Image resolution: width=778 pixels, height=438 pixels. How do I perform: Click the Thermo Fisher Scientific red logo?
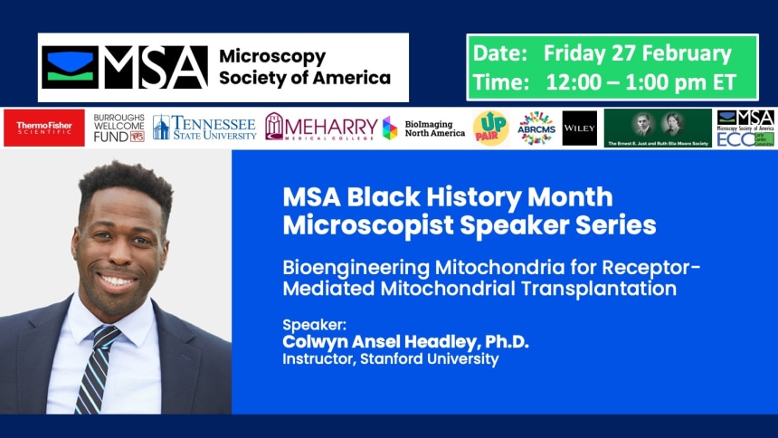[44, 129]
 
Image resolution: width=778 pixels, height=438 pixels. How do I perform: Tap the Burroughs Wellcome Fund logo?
[119, 129]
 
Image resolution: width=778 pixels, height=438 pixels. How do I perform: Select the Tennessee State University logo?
[204, 128]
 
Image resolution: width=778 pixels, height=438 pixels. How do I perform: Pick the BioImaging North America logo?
[423, 129]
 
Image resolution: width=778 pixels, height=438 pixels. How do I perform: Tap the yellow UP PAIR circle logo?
[490, 129]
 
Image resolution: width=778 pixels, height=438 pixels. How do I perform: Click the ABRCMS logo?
[536, 129]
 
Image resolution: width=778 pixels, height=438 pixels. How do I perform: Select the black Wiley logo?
[579, 129]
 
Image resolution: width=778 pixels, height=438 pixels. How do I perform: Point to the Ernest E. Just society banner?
[658, 129]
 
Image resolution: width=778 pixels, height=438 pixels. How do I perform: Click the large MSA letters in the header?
[156, 68]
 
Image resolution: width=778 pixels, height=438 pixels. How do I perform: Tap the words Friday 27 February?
[637, 53]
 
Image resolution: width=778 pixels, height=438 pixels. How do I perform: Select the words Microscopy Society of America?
[304, 67]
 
